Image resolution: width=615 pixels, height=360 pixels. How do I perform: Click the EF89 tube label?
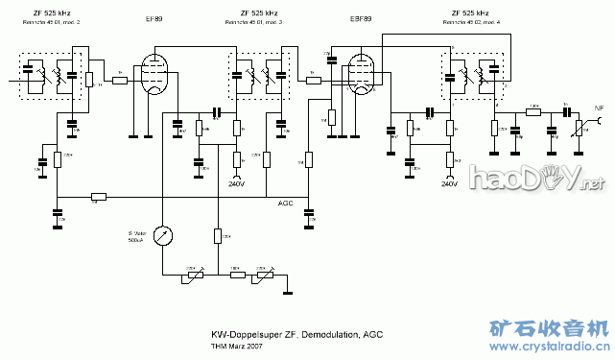click(154, 17)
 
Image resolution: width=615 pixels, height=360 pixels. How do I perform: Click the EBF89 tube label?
click(362, 17)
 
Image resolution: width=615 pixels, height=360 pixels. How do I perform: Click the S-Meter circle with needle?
click(164, 236)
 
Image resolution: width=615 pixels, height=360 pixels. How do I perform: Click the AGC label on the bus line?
click(286, 203)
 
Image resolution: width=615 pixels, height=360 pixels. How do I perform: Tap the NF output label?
click(599, 109)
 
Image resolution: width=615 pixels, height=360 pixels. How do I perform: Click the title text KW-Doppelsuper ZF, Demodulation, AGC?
click(296, 334)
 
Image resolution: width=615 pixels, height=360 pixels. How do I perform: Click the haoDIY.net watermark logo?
click(536, 178)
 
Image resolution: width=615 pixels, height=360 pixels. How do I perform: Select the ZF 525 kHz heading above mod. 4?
click(470, 12)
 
